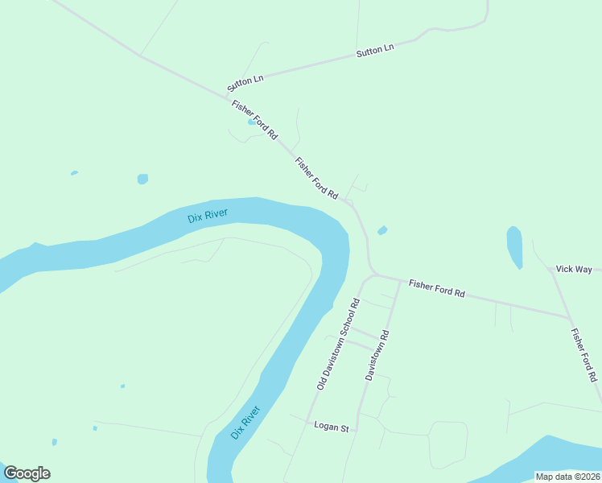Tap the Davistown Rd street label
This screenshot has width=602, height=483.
(377, 355)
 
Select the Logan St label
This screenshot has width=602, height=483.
(330, 426)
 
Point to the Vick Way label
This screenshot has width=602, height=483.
(574, 269)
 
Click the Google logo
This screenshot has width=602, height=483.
(27, 473)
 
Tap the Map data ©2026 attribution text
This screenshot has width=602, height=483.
(567, 477)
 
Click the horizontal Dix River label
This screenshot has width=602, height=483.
(208, 217)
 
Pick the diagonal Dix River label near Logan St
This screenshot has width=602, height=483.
(245, 423)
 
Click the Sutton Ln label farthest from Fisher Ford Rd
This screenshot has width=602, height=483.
(375, 51)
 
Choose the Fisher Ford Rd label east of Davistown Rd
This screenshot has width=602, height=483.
(437, 288)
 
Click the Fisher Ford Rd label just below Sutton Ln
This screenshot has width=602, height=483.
(254, 118)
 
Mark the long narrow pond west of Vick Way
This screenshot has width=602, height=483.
(514, 246)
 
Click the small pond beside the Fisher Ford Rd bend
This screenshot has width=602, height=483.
(382, 231)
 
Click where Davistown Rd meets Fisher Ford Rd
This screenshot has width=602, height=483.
(400, 281)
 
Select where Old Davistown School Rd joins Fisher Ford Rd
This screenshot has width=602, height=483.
(373, 275)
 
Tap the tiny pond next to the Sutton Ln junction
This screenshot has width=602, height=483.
(252, 123)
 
